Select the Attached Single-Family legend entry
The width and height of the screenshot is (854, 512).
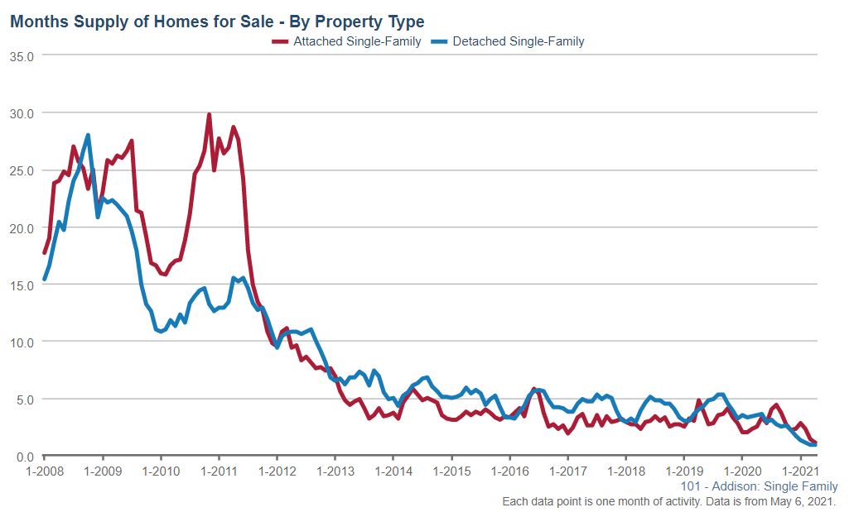(357, 41)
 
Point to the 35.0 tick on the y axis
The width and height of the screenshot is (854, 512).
(21, 55)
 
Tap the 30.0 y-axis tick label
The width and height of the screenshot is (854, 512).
(21, 112)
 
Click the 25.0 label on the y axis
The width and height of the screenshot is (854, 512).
(21, 170)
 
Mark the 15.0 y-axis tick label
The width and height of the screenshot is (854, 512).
(21, 285)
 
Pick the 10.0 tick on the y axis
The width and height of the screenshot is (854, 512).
(21, 342)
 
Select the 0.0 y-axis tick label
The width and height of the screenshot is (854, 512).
(23, 457)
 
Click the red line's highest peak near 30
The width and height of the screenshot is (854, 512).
(209, 114)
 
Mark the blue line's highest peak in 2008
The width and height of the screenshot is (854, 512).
(88, 135)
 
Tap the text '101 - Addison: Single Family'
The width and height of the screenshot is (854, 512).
(759, 486)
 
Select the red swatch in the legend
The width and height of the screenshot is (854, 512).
(281, 41)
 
